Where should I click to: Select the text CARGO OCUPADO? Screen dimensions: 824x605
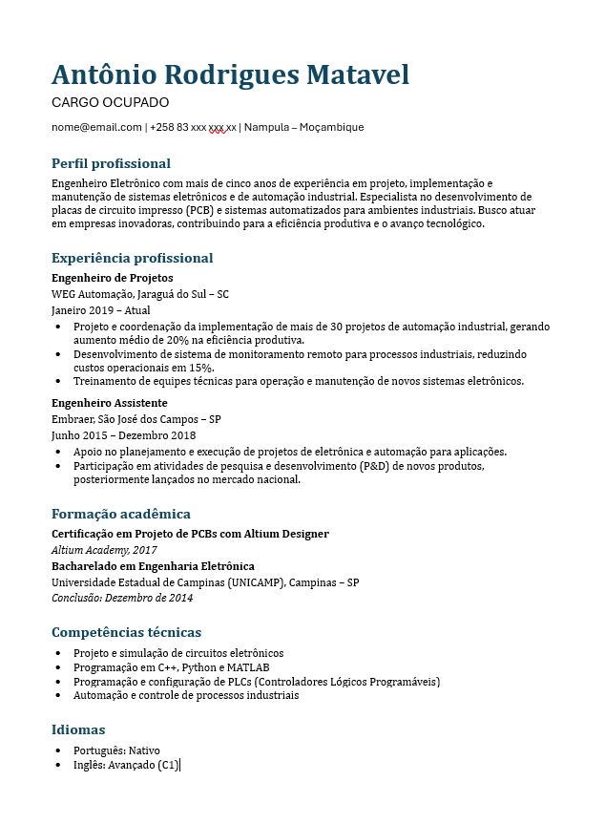pyautogui.click(x=110, y=102)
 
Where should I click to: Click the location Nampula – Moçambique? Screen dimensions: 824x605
pyautogui.click(x=303, y=127)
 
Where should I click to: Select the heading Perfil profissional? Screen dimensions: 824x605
pyautogui.click(x=111, y=163)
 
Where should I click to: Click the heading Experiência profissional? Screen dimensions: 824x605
pyautogui.click(x=132, y=258)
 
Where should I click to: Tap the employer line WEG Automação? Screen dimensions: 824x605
pyautogui.click(x=139, y=294)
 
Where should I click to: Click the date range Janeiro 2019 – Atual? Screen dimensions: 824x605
pyautogui.click(x=100, y=310)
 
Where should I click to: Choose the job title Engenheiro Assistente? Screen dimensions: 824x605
pyautogui.click(x=109, y=403)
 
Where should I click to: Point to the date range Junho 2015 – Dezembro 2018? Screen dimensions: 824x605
pyautogui.click(x=123, y=435)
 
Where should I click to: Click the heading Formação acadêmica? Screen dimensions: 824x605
pyautogui.click(x=121, y=514)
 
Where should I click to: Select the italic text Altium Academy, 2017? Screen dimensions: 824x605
pyautogui.click(x=104, y=550)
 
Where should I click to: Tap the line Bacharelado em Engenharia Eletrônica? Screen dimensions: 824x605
pyautogui.click(x=153, y=566)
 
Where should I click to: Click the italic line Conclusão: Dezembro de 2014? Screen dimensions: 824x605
pyautogui.click(x=122, y=598)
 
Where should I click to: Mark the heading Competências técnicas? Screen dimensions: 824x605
pyautogui.click(x=126, y=632)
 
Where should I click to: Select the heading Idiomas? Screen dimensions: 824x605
pyautogui.click(x=78, y=730)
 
